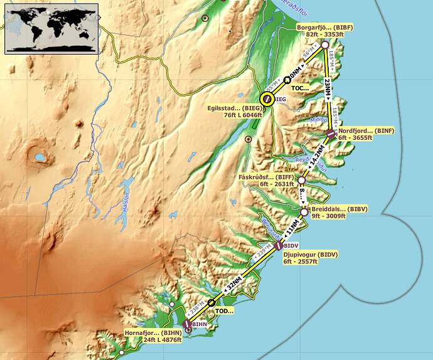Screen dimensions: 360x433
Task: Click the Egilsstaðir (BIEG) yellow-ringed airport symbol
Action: click(x=267, y=98)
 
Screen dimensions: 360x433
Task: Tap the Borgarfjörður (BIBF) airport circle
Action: click(x=325, y=45)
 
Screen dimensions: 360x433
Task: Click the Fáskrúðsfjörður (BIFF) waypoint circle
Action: click(x=301, y=180)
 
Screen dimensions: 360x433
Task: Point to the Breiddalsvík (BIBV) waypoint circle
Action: click(x=304, y=213)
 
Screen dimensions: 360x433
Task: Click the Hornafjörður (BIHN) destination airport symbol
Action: click(x=187, y=325)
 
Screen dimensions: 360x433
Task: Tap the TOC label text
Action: click(x=301, y=88)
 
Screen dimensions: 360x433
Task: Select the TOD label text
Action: click(x=224, y=310)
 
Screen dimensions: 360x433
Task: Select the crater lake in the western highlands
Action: click(x=40, y=156)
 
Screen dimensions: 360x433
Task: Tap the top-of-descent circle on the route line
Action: click(x=211, y=302)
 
